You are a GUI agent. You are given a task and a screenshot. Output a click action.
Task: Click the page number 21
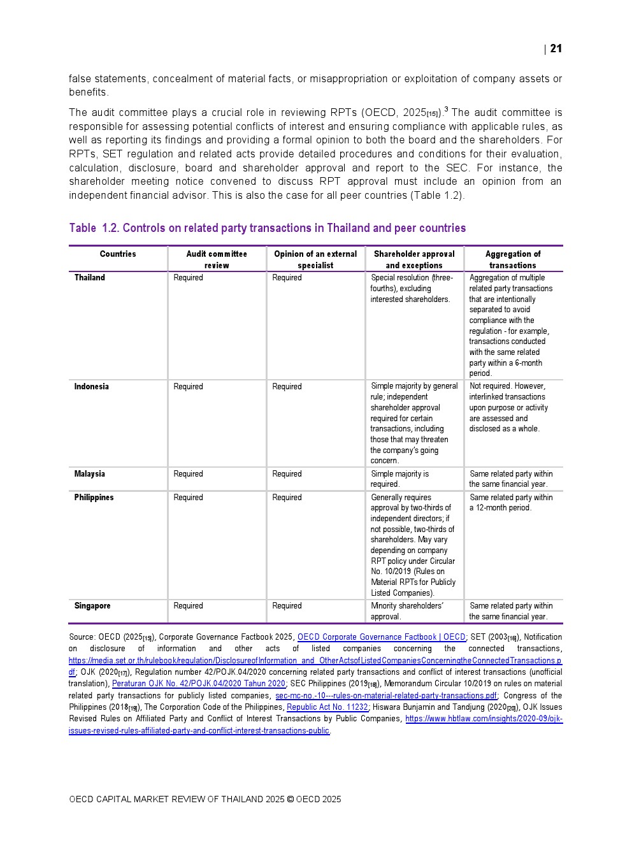(x=556, y=49)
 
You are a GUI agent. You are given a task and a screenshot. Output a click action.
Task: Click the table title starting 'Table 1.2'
(x=267, y=228)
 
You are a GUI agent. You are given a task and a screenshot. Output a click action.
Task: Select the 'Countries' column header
(x=118, y=254)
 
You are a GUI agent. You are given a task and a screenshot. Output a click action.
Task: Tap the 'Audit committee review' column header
(x=217, y=259)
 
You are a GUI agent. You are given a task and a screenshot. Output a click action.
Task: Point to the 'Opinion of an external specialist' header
(x=315, y=259)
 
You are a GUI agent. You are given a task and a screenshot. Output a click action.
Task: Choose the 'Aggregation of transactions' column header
(x=513, y=259)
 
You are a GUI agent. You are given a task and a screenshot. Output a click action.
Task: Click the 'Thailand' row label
(x=90, y=278)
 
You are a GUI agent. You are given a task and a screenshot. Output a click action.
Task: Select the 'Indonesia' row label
(x=91, y=387)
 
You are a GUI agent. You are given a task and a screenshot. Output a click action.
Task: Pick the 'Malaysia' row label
(x=89, y=474)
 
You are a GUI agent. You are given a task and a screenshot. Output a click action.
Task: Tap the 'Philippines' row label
(x=94, y=498)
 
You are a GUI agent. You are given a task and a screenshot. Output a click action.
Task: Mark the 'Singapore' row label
(x=92, y=606)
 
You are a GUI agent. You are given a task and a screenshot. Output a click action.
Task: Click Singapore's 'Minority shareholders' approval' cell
(x=407, y=611)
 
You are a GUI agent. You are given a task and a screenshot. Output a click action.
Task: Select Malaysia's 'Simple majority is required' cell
(x=399, y=479)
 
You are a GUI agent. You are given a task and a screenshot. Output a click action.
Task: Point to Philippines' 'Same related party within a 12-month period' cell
(x=511, y=503)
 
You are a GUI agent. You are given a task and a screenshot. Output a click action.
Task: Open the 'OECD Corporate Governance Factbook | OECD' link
(x=381, y=637)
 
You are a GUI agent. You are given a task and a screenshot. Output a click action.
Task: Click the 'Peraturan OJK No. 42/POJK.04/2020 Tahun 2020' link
(x=198, y=684)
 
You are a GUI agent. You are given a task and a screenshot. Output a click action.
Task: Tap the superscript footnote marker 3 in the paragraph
(x=446, y=110)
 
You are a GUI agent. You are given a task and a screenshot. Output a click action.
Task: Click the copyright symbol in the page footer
(x=290, y=800)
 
